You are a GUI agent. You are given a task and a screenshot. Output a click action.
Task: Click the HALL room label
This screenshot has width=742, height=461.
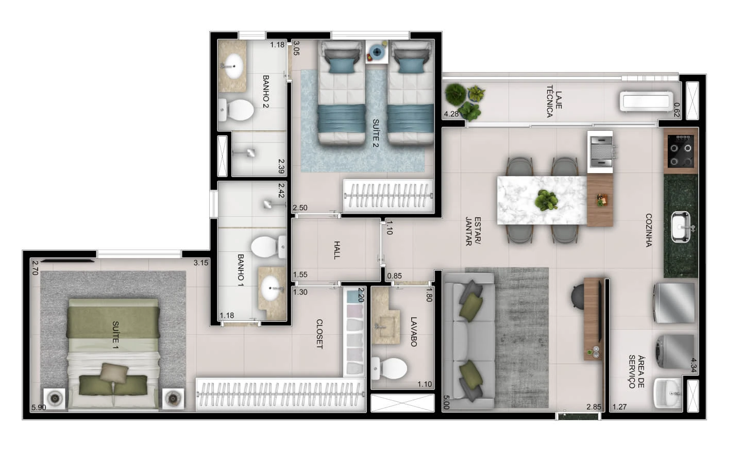point(337,250)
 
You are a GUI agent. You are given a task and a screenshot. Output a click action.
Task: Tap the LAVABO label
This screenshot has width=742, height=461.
point(414,332)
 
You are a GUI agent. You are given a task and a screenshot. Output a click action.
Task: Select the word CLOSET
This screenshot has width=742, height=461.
point(319,334)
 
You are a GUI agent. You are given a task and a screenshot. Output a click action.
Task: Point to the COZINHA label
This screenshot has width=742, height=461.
point(649,230)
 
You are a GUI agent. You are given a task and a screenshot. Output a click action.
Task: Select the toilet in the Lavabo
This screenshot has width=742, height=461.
point(389,368)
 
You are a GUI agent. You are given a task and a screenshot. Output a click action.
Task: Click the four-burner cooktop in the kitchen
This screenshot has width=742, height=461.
point(681,151)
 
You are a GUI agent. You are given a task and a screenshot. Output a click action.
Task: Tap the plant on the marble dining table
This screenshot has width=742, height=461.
point(546,200)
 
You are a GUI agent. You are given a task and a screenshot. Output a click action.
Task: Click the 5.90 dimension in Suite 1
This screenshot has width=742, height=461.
point(39,407)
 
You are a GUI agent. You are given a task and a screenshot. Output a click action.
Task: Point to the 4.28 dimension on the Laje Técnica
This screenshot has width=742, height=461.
point(451,114)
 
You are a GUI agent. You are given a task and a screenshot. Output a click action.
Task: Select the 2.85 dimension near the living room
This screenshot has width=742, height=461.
point(594,407)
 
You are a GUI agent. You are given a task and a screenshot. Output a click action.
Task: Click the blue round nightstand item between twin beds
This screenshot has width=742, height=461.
point(377,52)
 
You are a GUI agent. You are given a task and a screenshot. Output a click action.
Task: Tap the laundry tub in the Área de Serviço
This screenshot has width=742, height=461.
point(668,393)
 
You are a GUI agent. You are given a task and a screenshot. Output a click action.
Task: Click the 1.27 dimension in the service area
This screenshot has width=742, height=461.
point(619,407)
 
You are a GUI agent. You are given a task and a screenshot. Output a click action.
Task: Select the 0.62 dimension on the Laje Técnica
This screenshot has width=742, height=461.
point(677,110)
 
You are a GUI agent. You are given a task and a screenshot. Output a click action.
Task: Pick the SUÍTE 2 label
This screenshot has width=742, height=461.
point(376,133)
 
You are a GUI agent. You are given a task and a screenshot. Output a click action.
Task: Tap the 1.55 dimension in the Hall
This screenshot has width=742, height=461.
point(300,275)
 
